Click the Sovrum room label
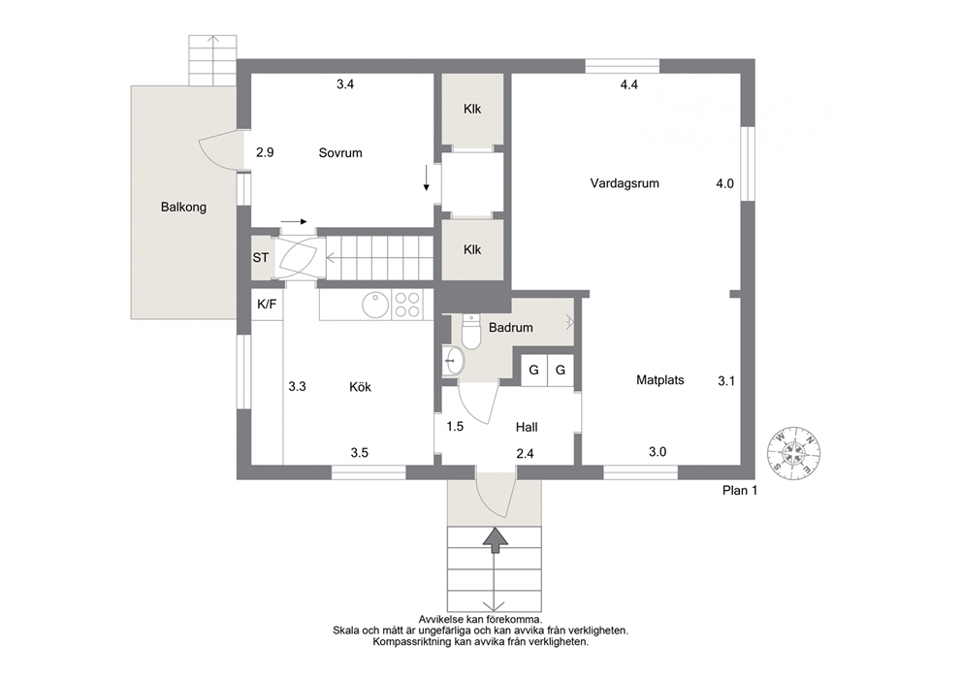[339, 153]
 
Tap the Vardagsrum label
[625, 183]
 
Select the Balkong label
[183, 207]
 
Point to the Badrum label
[510, 328]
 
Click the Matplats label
[660, 380]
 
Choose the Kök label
[360, 387]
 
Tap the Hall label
[527, 427]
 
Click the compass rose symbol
[794, 453]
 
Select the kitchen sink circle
[375, 305]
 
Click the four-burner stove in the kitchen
[406, 305]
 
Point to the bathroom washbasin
[454, 360]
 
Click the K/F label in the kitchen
[267, 304]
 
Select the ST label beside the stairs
[260, 258]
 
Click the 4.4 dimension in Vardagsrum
[628, 84]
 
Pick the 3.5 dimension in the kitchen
[360, 453]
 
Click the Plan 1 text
[740, 491]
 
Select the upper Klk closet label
[472, 110]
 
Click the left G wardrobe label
[533, 371]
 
